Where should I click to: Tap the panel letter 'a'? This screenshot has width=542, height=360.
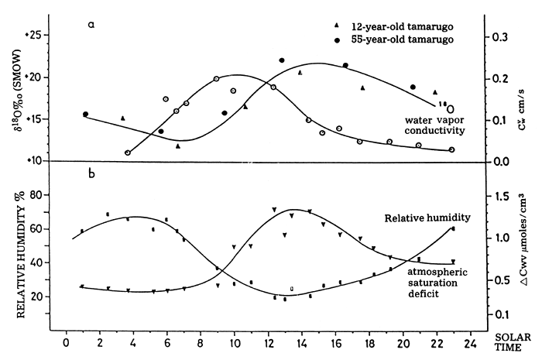(x=91, y=25)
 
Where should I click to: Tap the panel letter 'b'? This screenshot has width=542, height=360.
(x=91, y=173)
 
